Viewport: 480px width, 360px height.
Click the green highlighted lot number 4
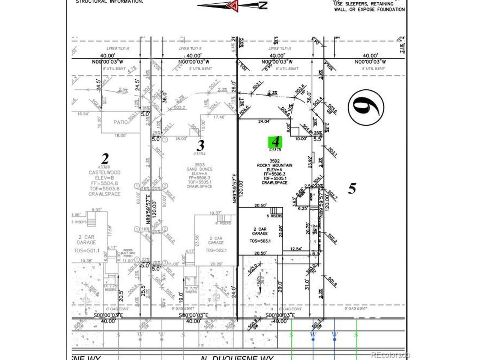point(276,142)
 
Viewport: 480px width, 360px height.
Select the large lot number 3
point(201,145)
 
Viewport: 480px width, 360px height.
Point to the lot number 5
point(352,188)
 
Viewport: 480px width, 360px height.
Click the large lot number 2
point(105,158)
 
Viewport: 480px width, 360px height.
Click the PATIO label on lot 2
point(120,122)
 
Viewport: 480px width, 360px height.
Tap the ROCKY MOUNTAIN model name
point(274,165)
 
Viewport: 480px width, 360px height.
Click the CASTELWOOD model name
point(104,172)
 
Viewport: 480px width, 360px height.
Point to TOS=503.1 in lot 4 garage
point(260,241)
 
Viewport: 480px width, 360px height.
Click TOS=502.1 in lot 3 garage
point(216,250)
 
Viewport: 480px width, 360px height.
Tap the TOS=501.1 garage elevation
point(86,251)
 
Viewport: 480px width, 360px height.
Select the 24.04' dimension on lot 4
point(264,121)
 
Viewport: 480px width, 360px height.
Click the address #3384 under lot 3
point(199,153)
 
